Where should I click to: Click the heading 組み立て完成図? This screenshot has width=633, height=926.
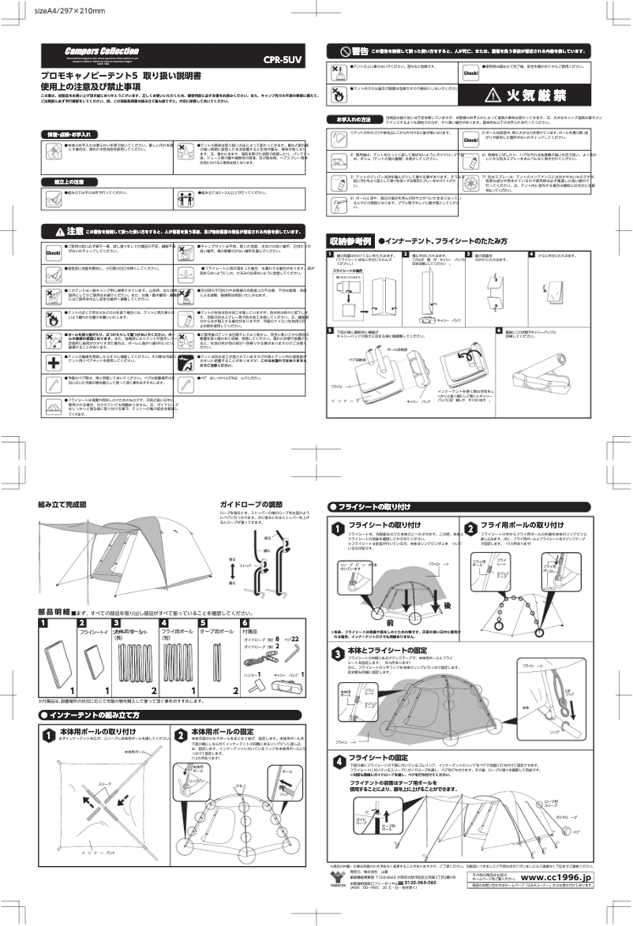(62, 503)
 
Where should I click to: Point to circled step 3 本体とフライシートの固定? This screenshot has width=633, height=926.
(338, 652)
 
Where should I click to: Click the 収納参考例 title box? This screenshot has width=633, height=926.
(350, 241)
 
